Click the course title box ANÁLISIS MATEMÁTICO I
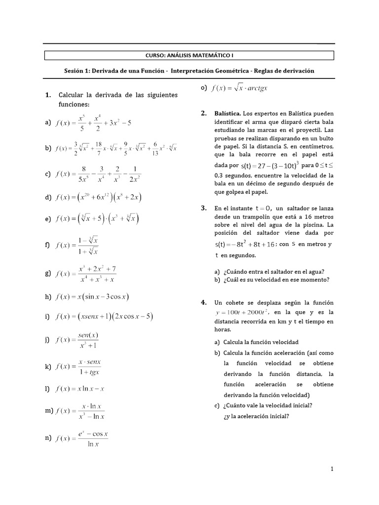pyautogui.click(x=189, y=55)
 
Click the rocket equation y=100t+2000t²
pyautogui.click(x=241, y=312)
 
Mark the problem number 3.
pyautogui.click(x=203, y=208)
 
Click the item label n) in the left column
pyautogui.click(x=48, y=438)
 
